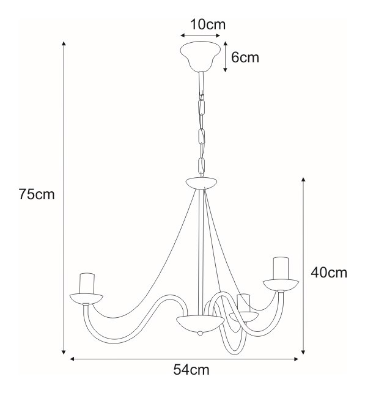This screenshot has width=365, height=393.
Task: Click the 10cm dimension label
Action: coord(208,24)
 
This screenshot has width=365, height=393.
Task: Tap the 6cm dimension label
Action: coord(245,57)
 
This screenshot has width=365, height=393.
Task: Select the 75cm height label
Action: coord(37,194)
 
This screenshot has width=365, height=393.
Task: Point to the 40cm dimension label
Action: coord(329,273)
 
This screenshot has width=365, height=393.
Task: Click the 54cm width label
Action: coord(191,370)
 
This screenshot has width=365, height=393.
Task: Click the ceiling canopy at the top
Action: coord(201,57)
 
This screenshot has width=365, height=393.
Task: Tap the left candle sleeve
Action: coord(87,284)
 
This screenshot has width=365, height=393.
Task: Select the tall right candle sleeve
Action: coord(281,268)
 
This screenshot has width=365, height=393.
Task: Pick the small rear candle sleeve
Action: coord(244,303)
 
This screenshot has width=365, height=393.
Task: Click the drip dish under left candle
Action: coord(86,299)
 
